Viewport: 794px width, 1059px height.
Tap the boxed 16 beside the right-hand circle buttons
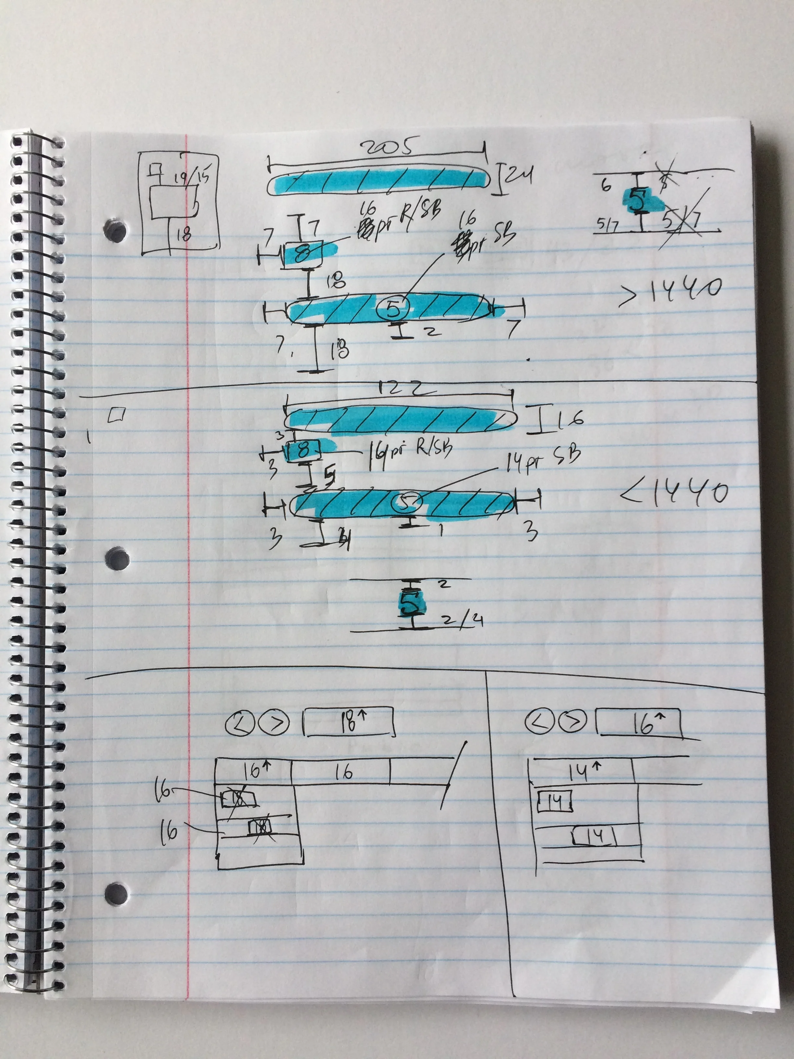click(638, 724)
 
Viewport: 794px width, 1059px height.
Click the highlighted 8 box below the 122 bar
click(303, 450)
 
